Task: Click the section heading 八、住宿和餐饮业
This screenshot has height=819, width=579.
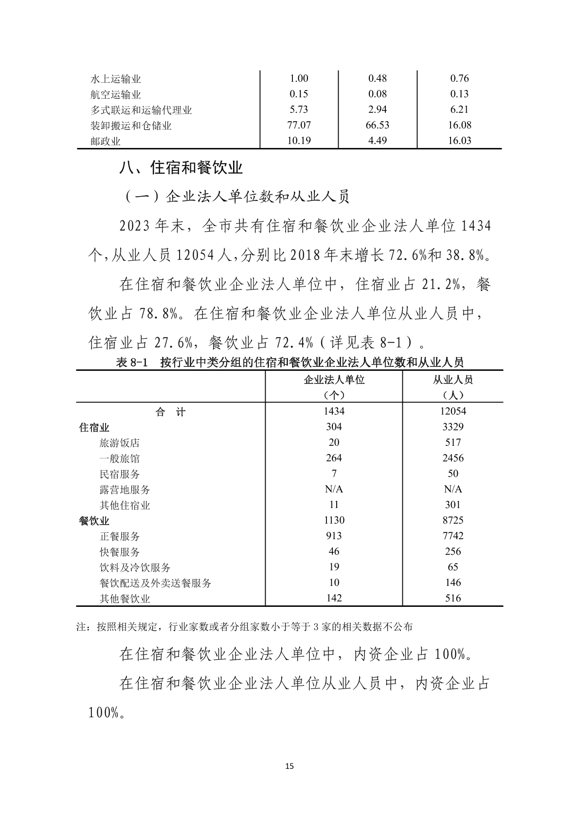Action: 181,168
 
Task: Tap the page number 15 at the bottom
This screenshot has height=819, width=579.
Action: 289,766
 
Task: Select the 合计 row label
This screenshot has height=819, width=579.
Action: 170,412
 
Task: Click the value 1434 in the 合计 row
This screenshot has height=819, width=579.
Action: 334,411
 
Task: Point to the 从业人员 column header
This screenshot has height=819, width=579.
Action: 452,380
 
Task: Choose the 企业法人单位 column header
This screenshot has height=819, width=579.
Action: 334,380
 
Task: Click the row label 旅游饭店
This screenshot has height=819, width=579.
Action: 120,443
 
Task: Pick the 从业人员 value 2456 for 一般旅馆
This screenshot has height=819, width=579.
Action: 452,458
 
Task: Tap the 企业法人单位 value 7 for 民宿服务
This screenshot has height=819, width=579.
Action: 334,473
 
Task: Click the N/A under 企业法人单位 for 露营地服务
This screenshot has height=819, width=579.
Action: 334,489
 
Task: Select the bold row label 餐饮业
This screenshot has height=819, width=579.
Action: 94,521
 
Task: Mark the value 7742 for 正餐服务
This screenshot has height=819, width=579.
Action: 452,536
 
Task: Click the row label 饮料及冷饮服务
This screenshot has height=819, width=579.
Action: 135,567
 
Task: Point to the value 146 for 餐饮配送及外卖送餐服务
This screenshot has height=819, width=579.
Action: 452,582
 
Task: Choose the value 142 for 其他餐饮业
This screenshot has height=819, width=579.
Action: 334,598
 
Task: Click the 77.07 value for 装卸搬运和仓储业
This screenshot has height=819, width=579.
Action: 299,125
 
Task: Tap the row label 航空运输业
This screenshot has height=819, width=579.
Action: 116,94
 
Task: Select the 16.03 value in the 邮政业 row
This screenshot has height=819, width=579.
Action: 459,141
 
